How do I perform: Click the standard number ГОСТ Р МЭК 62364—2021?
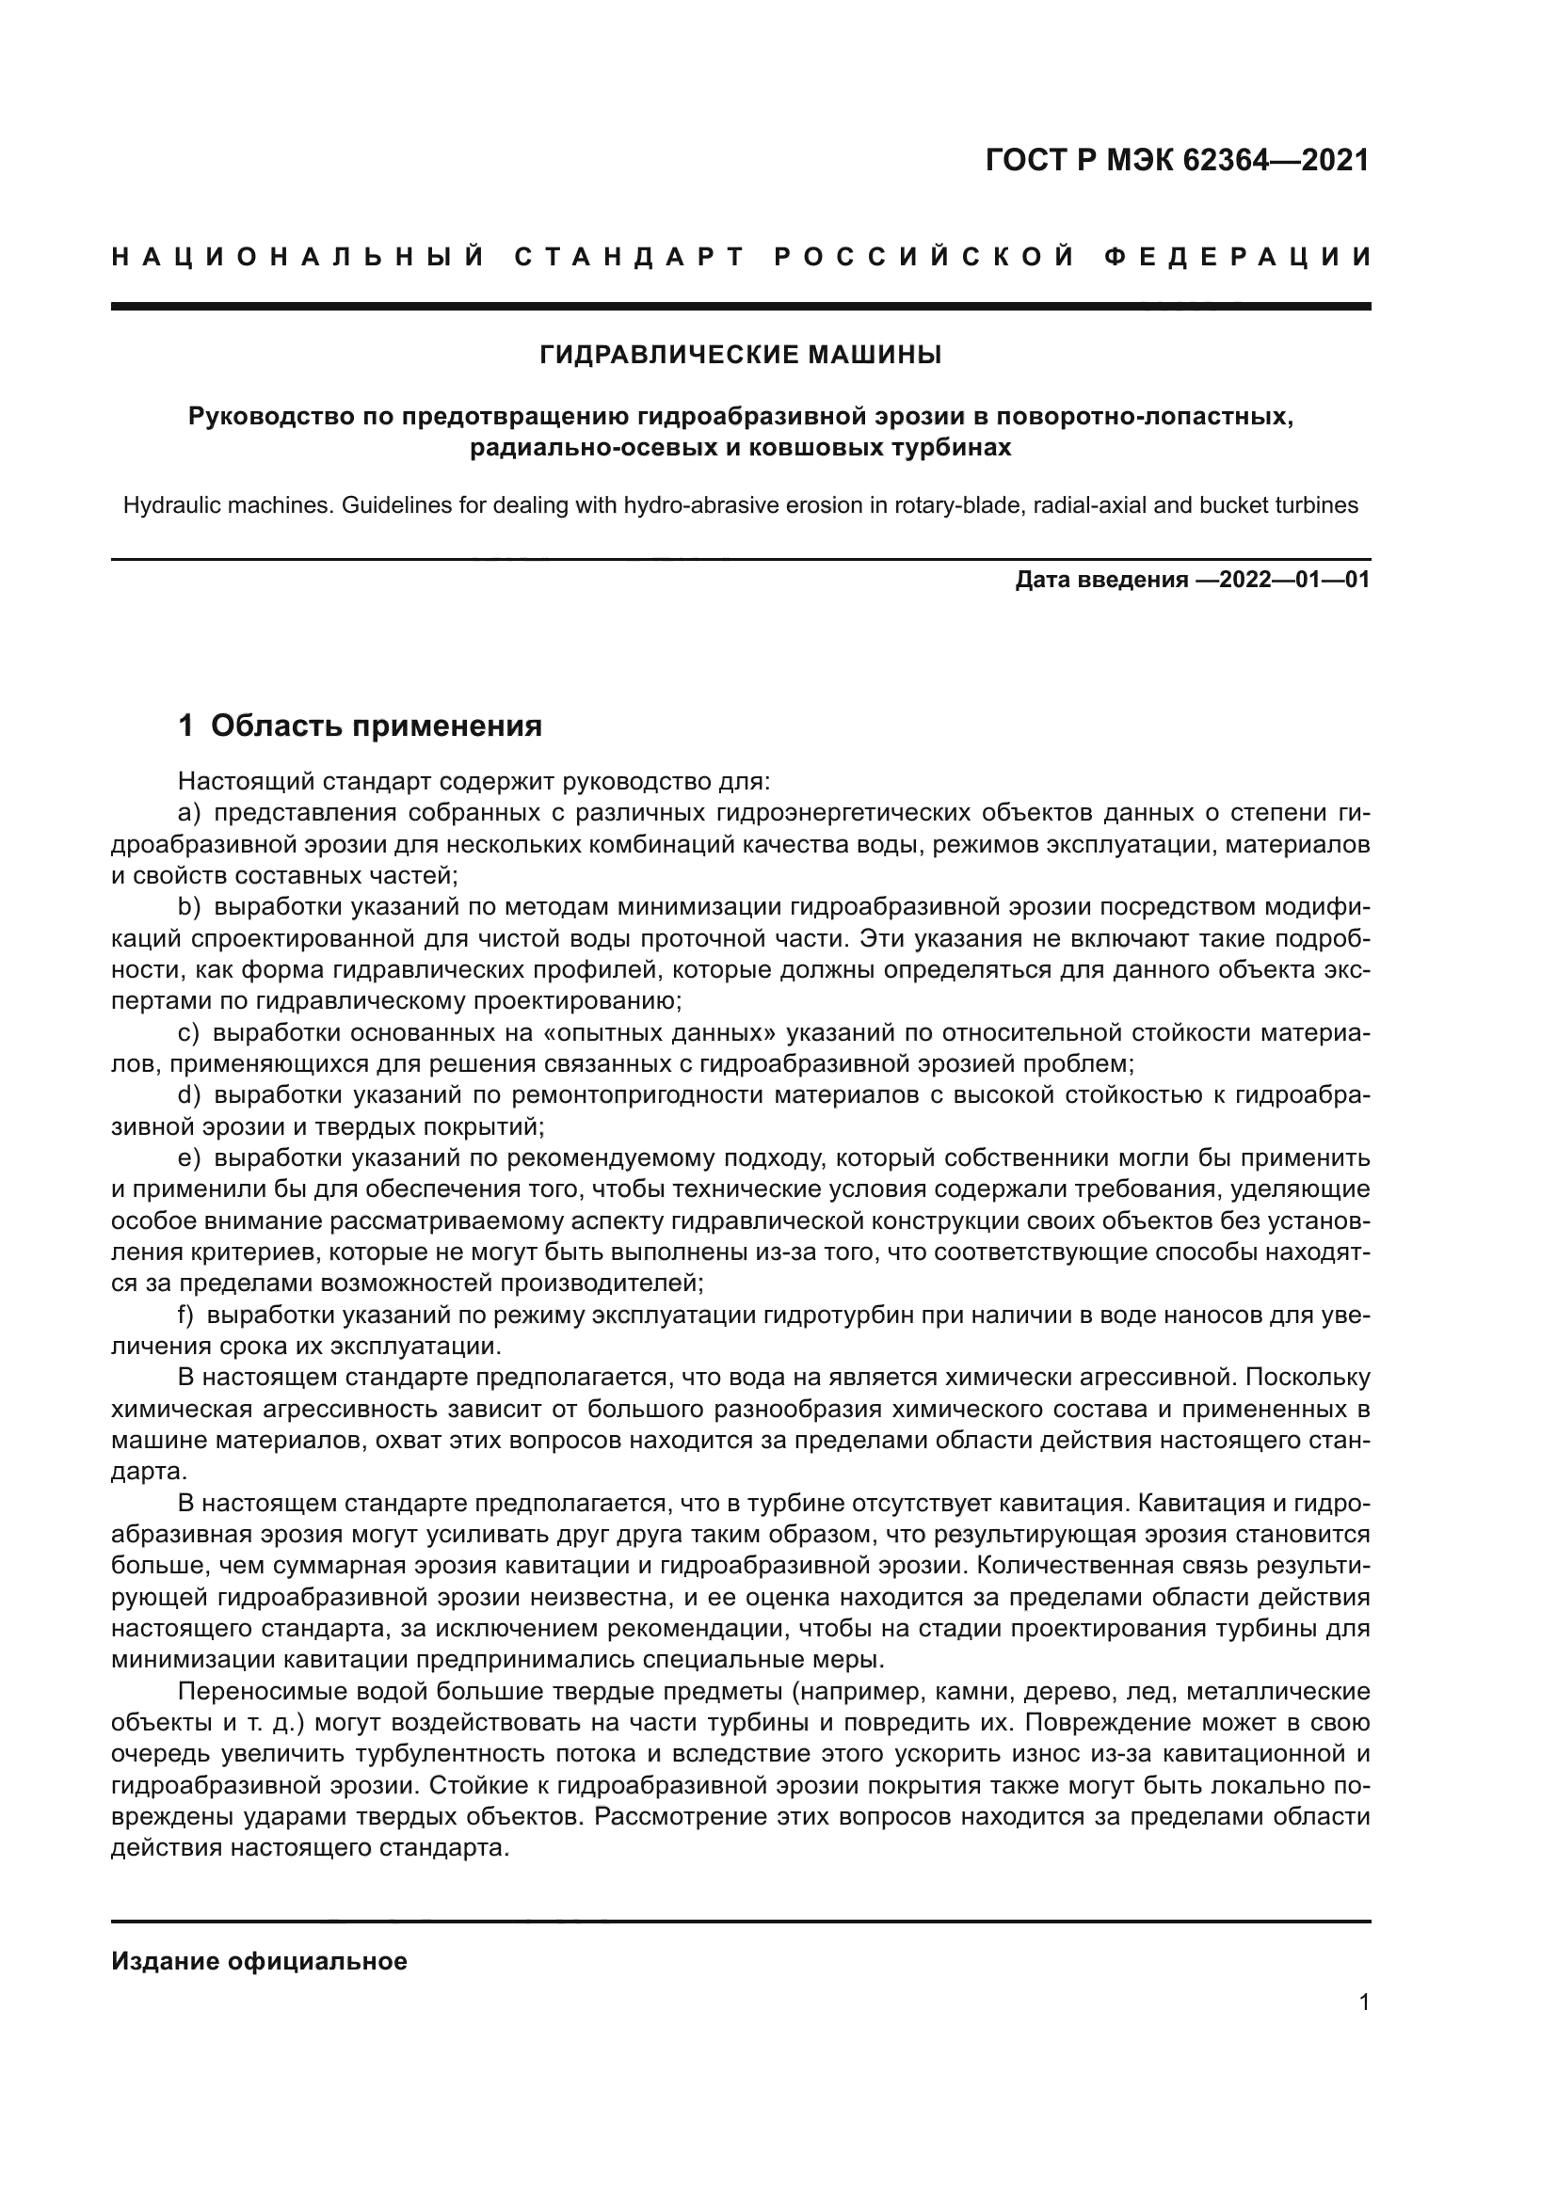pos(1177,160)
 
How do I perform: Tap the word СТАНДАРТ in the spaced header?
pos(630,257)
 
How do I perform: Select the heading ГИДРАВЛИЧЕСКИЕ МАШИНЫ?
pos(740,356)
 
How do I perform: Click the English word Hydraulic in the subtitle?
pos(167,505)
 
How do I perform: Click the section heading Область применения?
pos(376,726)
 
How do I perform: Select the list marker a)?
pos(189,814)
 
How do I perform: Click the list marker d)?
pos(189,1094)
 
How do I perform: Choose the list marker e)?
pos(189,1158)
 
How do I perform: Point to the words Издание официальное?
pos(259,1961)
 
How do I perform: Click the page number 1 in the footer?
pos(1363,2002)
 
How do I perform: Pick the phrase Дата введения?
pos(1100,580)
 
